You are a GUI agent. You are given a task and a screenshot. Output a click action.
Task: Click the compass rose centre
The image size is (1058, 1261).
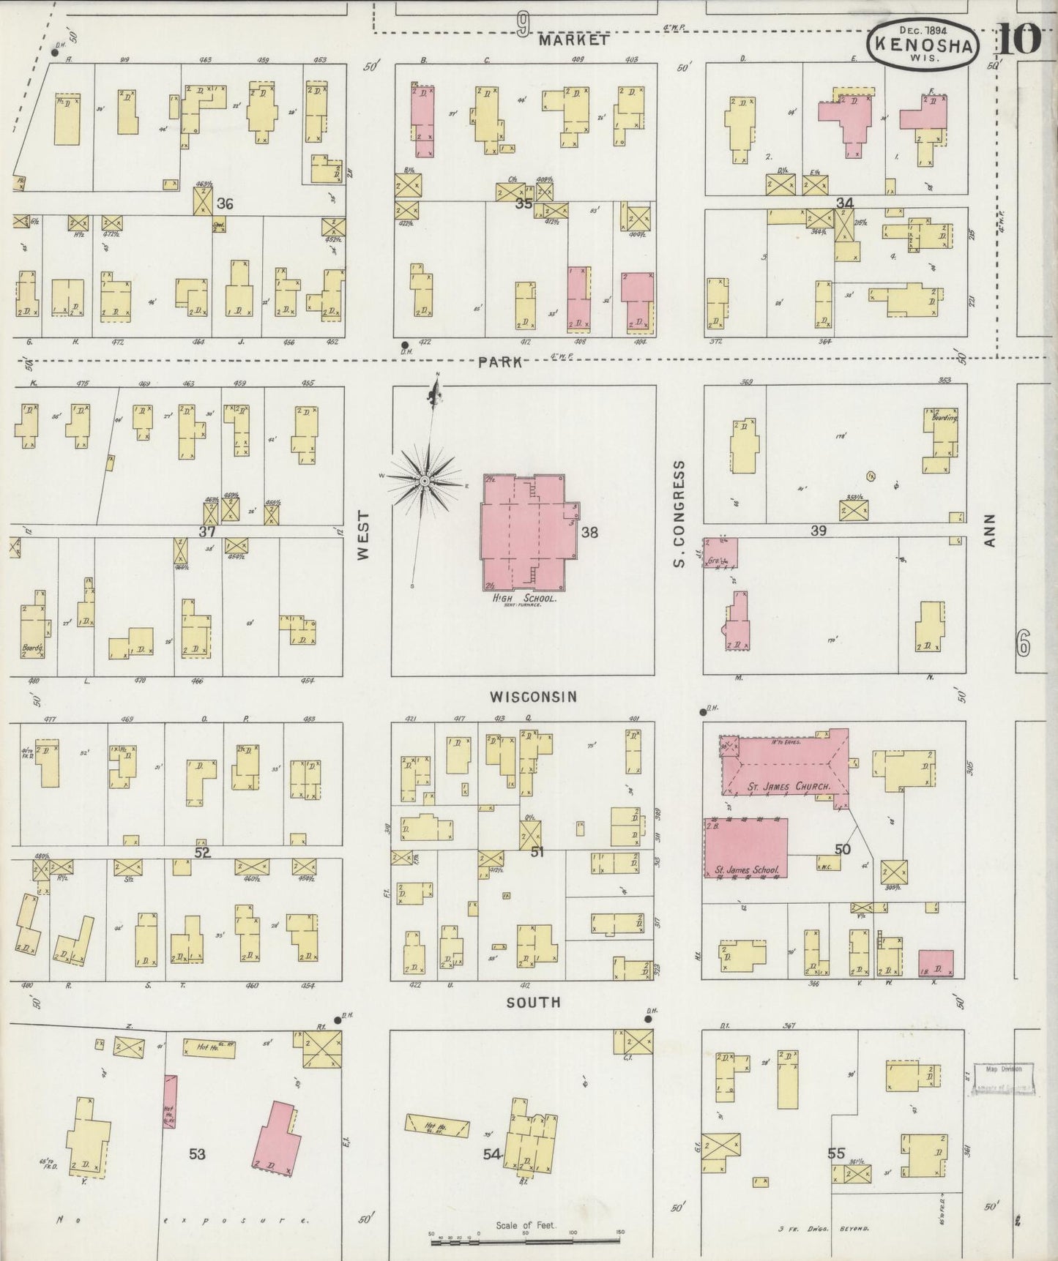[x=423, y=480]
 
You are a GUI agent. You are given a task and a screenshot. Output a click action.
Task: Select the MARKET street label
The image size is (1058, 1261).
[x=573, y=41]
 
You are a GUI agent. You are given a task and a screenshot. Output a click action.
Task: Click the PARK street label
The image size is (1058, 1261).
[x=501, y=362]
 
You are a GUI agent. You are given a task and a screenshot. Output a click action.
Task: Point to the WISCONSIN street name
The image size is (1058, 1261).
[x=533, y=697]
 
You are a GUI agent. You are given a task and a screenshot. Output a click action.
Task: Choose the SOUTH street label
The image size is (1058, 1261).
[x=534, y=1002]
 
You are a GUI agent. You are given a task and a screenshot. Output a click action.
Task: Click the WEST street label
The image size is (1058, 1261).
[x=364, y=535]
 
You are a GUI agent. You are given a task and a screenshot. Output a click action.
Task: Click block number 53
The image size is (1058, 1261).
[x=197, y=1154]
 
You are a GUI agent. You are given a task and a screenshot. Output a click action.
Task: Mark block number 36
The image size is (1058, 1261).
[x=225, y=203]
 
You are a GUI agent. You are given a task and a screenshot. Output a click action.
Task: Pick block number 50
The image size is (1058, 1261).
[x=842, y=849]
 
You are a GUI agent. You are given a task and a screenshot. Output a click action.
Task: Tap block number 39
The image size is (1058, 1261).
[x=818, y=531]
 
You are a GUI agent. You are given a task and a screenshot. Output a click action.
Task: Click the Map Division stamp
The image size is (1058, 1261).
[x=1002, y=1079]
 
